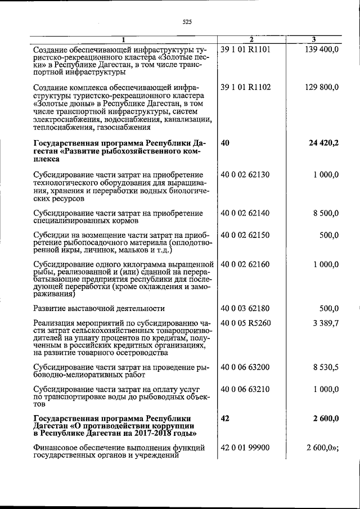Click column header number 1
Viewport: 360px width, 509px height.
124,39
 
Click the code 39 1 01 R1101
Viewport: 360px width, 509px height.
246,49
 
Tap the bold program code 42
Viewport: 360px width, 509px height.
226,418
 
